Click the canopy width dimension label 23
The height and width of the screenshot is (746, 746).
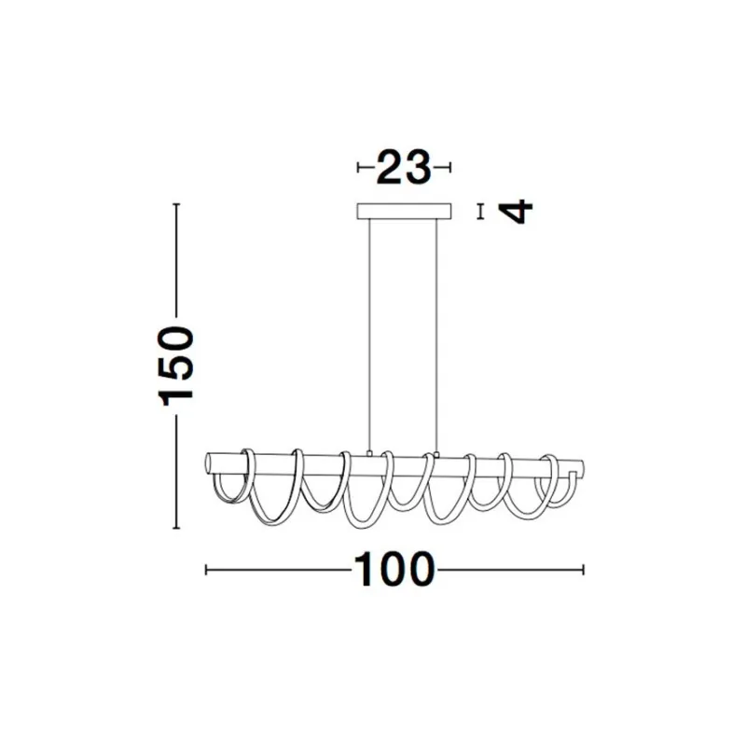click(x=404, y=168)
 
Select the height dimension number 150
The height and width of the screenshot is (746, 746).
click(x=176, y=364)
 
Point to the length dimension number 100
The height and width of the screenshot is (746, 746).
click(x=394, y=569)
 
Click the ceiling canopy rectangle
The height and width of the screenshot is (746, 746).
click(x=404, y=212)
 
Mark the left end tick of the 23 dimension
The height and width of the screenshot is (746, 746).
click(x=359, y=168)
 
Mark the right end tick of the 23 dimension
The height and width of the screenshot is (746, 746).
click(x=449, y=168)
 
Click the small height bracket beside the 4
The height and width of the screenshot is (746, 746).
click(x=480, y=212)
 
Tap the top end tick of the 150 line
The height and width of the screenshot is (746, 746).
click(x=177, y=203)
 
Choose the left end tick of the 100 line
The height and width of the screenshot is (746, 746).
click(x=206, y=569)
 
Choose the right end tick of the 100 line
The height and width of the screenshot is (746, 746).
click(x=583, y=569)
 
